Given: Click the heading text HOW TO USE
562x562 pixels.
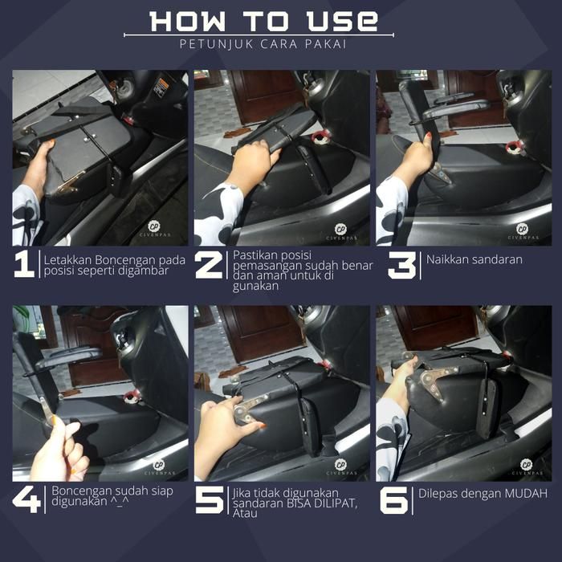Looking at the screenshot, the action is tap(264, 21).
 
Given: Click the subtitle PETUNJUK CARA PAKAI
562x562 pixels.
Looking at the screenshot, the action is tap(263, 44).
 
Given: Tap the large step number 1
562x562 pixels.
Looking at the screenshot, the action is tap(24, 264).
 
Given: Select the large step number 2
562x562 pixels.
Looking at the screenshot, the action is tap(209, 265).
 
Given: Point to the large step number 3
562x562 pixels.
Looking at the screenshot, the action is tap(401, 265).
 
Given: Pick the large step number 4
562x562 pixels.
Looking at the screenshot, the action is tap(26, 499).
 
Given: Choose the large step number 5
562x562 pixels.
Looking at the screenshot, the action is tap(210, 500).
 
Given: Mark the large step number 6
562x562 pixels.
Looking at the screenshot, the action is tap(394, 500).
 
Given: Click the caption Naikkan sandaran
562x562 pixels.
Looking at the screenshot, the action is tap(474, 259).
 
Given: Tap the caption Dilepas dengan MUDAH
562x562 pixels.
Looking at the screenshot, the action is tap(483, 494).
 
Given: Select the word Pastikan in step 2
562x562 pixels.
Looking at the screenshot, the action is tap(255, 255).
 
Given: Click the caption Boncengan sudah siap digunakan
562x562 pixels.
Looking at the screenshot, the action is tap(112, 496).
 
